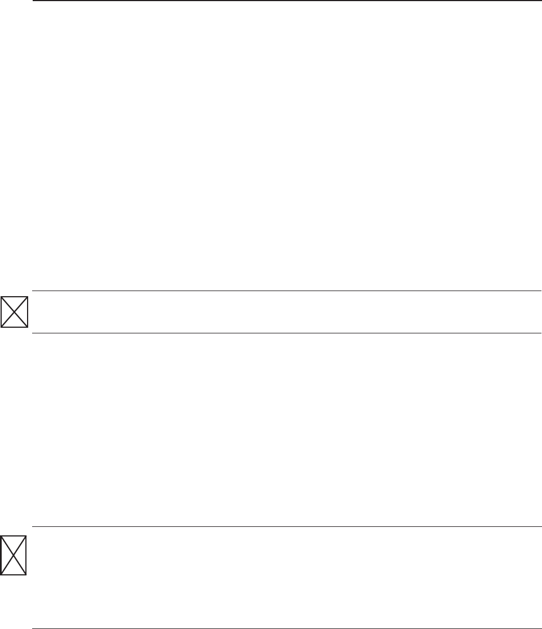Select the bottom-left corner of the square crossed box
coord(1,327)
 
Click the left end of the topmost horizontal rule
coord(33,1)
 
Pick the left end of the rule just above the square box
coord(33,291)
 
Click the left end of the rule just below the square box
coord(33,333)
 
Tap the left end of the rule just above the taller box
coord(33,527)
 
